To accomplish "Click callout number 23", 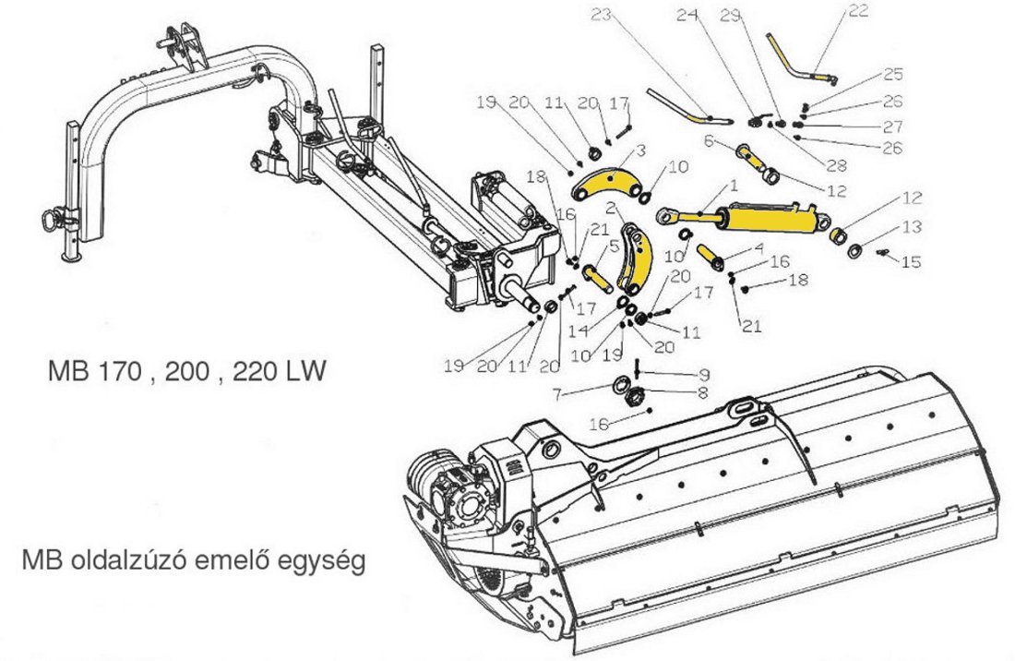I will pyautogui.click(x=601, y=16).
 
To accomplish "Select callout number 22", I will pyautogui.click(x=859, y=11).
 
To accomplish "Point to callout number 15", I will pyautogui.click(x=911, y=262).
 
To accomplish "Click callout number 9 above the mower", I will pyautogui.click(x=703, y=375).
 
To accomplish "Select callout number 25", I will pyautogui.click(x=892, y=74).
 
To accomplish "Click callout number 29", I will pyautogui.click(x=756, y=16).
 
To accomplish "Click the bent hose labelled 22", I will pyautogui.click(x=797, y=61).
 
